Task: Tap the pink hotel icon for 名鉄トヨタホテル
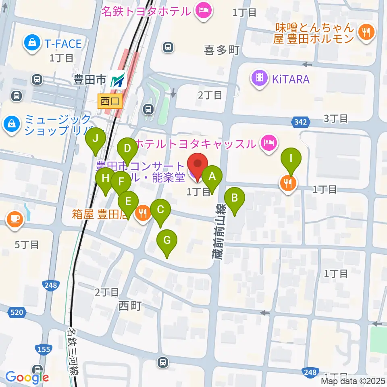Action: click(202, 10)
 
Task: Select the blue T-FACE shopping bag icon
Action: click(31, 43)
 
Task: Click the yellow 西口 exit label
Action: click(110, 101)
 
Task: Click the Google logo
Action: click(27, 377)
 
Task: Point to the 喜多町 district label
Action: click(222, 50)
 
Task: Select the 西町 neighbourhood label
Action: click(130, 306)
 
